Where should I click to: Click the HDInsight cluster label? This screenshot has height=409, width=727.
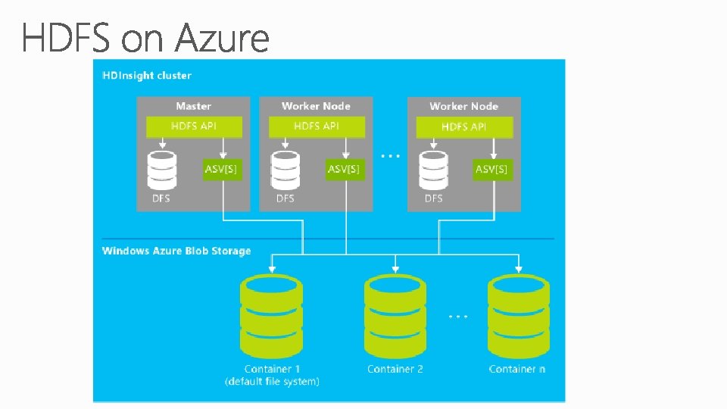click(147, 76)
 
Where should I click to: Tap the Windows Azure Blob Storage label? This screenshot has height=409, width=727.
click(176, 251)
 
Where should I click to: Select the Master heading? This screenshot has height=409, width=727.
click(194, 107)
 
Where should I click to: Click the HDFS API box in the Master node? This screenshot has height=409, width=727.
click(194, 126)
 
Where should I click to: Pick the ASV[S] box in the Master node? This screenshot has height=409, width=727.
click(221, 169)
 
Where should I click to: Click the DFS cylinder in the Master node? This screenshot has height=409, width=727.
click(162, 170)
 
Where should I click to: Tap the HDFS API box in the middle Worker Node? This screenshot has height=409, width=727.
click(317, 126)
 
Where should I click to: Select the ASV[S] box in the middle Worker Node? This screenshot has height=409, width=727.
click(344, 169)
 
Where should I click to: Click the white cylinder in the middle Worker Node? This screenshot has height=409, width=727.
click(285, 170)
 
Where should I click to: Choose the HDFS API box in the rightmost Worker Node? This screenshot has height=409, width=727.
click(464, 126)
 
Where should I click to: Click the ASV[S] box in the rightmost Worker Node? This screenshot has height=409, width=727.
click(491, 169)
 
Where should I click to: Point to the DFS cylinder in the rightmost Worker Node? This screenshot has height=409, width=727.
click(433, 170)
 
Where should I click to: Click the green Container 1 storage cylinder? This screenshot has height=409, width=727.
click(272, 317)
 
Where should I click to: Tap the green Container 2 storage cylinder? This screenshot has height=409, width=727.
click(395, 317)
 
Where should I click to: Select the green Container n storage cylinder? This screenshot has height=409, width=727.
click(519, 317)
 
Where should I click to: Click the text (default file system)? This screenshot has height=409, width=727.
click(272, 382)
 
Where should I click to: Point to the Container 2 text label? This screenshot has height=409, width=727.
click(395, 369)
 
